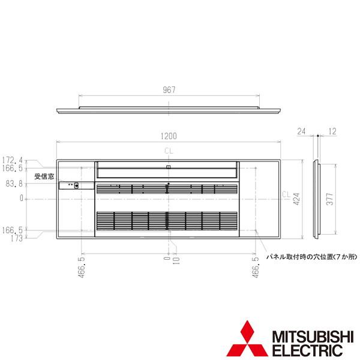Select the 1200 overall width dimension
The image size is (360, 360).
[x=168, y=136]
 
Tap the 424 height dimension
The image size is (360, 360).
[x=295, y=199]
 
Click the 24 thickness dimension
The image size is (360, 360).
[x=301, y=130]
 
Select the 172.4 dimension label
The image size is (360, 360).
[x=13, y=160]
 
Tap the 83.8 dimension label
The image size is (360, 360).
[x=13, y=183]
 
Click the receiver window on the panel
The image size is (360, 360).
[x=76, y=185]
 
